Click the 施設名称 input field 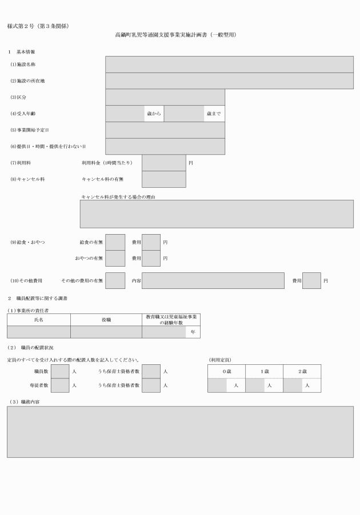229,65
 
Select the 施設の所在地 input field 229,81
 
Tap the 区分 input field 165,97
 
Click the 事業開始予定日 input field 165,130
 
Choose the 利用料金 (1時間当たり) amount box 163,163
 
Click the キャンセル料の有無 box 163,179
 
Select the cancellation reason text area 216,214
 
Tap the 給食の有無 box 115,242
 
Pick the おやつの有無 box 115,258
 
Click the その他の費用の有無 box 115,281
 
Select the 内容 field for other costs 213,281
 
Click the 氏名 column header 39,320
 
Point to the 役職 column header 106,320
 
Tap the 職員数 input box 60,371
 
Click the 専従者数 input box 60,385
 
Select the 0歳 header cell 226,371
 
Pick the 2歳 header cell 302,371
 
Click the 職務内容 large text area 180,432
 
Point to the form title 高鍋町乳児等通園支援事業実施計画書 175,35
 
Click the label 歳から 154,114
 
